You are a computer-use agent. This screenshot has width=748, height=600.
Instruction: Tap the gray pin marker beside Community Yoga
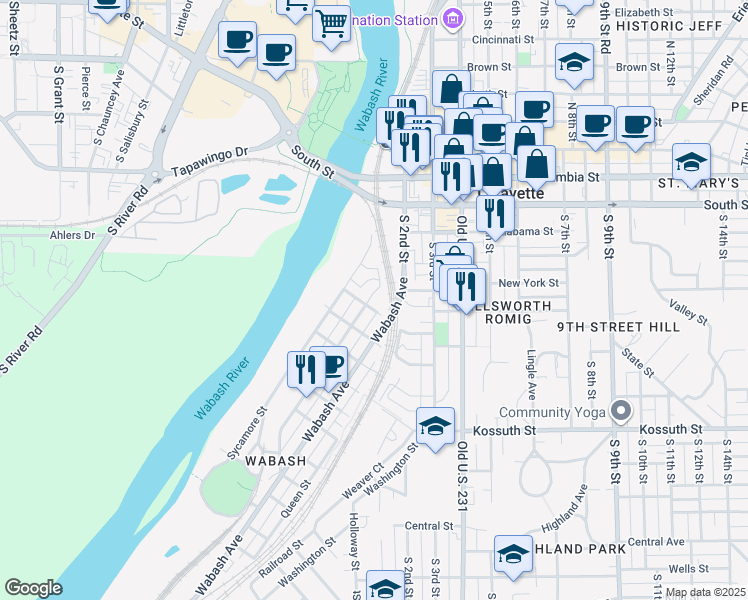pyautogui.click(x=621, y=411)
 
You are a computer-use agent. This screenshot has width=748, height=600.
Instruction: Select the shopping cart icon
pyautogui.click(x=330, y=21)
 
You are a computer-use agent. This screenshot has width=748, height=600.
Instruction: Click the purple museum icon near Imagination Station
pyautogui.click(x=454, y=19)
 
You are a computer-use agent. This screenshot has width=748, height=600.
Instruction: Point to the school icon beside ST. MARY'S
pyautogui.click(x=691, y=160)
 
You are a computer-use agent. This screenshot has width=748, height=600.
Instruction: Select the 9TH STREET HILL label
pyautogui.click(x=618, y=327)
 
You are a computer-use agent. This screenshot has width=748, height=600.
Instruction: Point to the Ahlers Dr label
pyautogui.click(x=71, y=236)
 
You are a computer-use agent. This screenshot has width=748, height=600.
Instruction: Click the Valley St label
pyautogui.click(x=688, y=314)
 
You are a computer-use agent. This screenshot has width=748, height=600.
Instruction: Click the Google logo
pyautogui.click(x=34, y=588)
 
